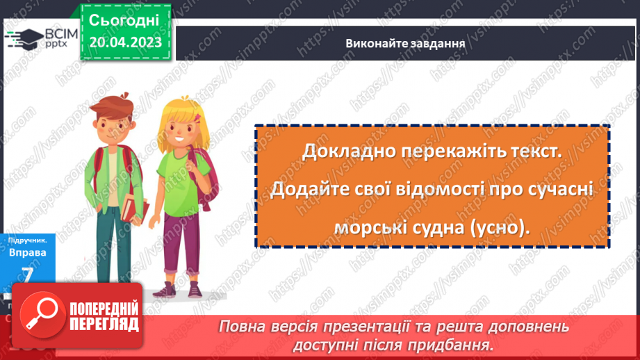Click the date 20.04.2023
point(125,42)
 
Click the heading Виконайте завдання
point(404,43)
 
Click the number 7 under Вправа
point(28,274)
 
